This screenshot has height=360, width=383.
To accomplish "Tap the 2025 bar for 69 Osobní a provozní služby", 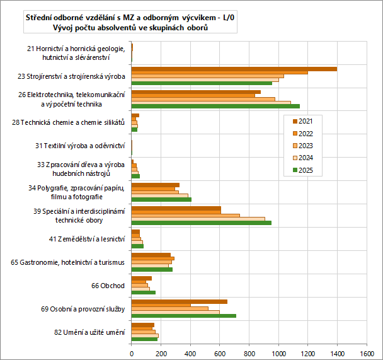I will coord(183,316).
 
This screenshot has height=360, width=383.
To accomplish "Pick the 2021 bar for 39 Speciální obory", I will coord(176,208).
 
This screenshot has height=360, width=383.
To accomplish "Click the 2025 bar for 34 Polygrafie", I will coord(161,199).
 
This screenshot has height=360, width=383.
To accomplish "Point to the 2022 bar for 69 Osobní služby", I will coord(161,305).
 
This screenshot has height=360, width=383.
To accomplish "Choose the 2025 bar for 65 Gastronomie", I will coord(152,269).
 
